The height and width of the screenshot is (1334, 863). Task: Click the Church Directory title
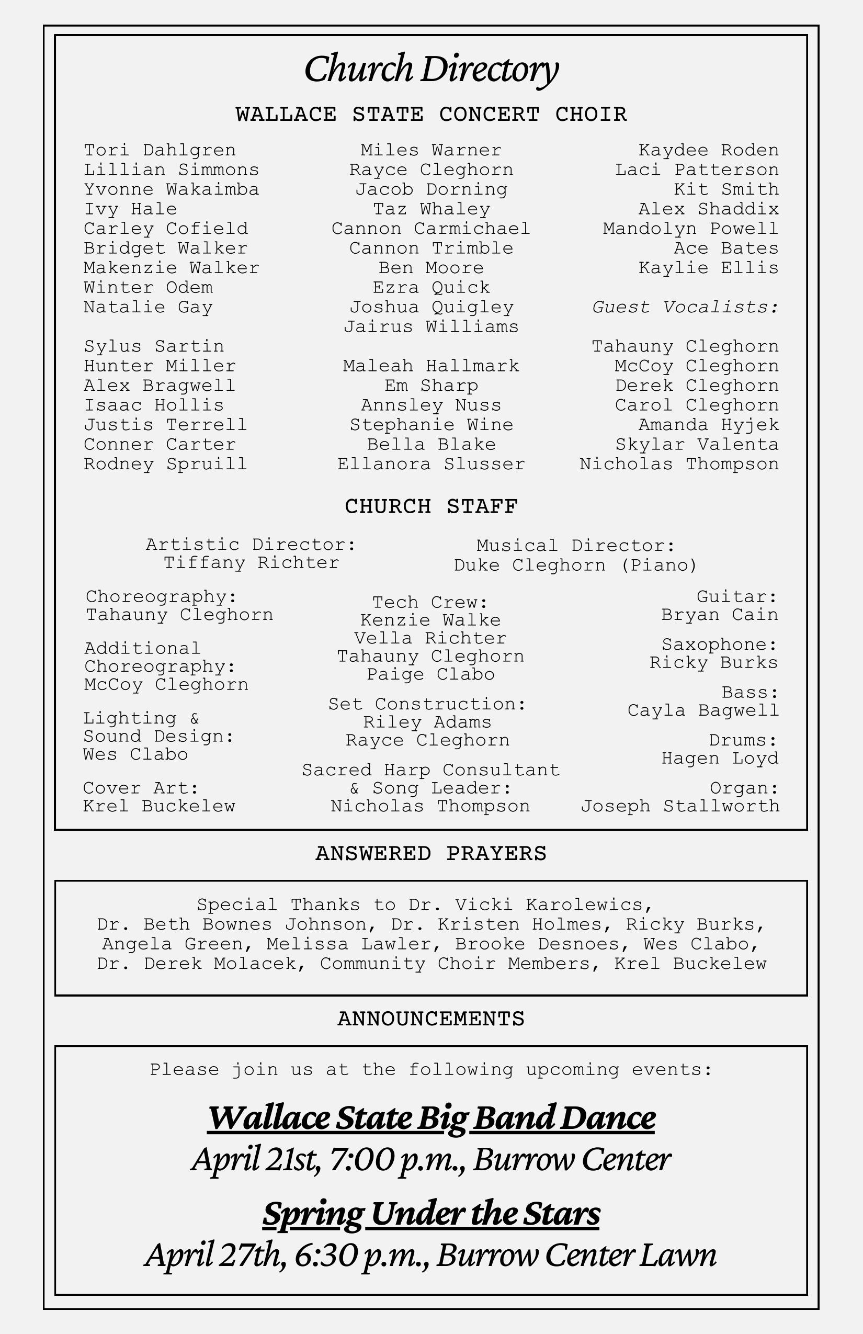431,69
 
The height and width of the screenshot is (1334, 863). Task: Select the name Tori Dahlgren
160,150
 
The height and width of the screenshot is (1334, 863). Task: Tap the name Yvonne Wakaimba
171,189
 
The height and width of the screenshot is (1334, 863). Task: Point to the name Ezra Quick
431,288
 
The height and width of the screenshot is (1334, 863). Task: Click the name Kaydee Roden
708,150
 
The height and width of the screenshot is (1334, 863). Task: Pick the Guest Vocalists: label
685,307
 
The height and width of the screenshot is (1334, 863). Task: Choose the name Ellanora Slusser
431,464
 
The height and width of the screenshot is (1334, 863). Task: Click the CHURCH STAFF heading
431,506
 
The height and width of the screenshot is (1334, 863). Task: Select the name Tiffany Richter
251,563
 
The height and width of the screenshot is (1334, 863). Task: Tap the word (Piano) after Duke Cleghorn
659,565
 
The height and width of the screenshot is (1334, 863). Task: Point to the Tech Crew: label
430,603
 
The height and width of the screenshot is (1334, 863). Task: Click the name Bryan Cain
720,615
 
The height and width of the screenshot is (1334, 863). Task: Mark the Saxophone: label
720,645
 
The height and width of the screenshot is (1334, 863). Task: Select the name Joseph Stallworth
680,806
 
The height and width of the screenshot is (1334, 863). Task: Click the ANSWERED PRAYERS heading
431,853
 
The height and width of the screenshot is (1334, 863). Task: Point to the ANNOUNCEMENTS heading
431,1019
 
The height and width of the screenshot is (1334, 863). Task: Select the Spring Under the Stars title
431,1214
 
